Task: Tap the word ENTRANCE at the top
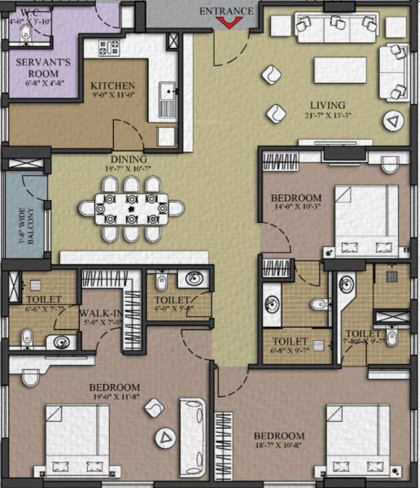coord(233,10)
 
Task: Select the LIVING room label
coord(327,105)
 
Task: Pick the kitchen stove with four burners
coord(107,47)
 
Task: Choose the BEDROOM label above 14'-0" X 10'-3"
coord(296,198)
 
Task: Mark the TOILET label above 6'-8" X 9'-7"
coord(291,341)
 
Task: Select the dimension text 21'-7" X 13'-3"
coord(327,116)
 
